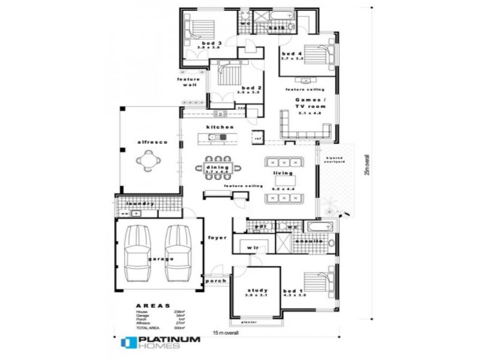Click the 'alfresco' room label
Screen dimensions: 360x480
click(x=152, y=142)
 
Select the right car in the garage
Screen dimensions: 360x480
click(x=178, y=253)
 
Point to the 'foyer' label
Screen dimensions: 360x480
click(x=217, y=238)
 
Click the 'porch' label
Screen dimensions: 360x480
click(x=215, y=281)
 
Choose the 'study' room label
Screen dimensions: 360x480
click(x=256, y=290)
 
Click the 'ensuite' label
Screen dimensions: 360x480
click(x=309, y=241)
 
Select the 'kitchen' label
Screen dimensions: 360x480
click(x=220, y=127)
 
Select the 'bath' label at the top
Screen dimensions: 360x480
click(x=277, y=28)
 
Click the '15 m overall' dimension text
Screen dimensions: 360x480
click(x=226, y=333)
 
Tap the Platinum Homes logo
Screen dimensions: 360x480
click(x=160, y=343)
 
